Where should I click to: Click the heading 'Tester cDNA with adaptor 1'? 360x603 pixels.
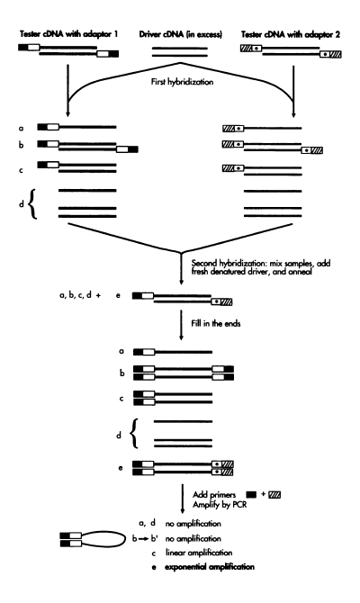[x=68, y=34]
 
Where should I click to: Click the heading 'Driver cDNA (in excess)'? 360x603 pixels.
[x=180, y=34]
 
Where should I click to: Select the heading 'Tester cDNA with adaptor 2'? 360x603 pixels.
[x=291, y=34]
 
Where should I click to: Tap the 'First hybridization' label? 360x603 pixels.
[x=182, y=82]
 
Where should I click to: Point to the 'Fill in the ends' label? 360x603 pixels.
[x=216, y=323]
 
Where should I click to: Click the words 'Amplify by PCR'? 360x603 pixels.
[x=220, y=504]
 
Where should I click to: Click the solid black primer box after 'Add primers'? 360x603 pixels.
[x=251, y=494]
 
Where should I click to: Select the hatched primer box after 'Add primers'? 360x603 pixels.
[x=274, y=494]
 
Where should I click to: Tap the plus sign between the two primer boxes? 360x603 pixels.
[x=263, y=493]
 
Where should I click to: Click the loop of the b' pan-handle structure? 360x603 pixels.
[x=125, y=538]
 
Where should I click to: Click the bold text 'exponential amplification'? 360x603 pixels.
[x=210, y=567]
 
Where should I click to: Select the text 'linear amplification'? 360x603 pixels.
[x=199, y=553]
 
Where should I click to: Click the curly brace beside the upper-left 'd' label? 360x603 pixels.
[x=33, y=203]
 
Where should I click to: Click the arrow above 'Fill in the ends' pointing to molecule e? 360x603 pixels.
[x=181, y=269]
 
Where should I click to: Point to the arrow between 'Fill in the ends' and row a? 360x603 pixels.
[x=181, y=324]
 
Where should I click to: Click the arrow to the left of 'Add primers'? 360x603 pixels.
[x=183, y=499]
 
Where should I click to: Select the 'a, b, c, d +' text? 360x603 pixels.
[x=80, y=296]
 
